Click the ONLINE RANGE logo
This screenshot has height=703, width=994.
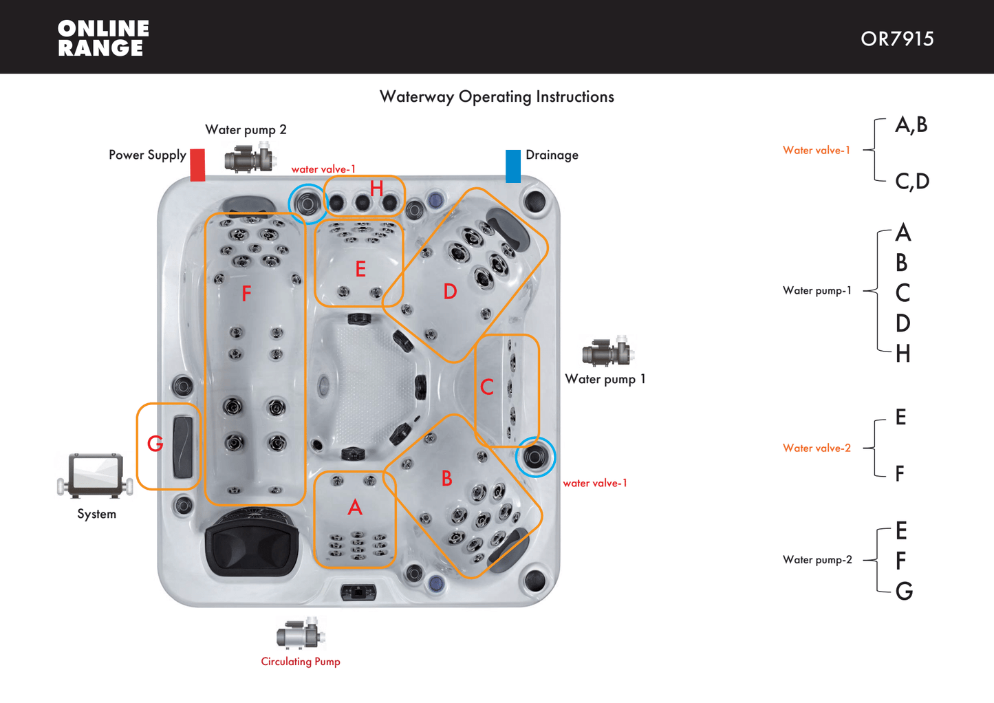103,38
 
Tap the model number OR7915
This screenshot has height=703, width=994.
897,39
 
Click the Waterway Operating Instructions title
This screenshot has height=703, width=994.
497,96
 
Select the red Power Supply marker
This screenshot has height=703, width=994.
197,165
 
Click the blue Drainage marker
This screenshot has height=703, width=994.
513,166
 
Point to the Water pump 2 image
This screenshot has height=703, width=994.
250,158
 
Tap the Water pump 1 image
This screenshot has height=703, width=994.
607,351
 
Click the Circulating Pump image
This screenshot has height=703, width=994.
301,634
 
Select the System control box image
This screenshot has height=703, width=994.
96,475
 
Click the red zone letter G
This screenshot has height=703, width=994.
155,444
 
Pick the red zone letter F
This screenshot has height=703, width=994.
246,294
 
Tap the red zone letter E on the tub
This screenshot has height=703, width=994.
360,269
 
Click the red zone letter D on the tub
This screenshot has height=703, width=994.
450,292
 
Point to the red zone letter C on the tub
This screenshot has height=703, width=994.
486,387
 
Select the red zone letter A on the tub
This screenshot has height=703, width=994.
355,508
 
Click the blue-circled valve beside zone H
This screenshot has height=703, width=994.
307,203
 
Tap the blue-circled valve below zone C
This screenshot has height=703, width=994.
535,457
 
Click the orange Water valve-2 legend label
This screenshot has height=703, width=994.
817,448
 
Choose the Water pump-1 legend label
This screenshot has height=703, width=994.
817,291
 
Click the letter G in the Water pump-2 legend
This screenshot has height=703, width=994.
904,591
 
